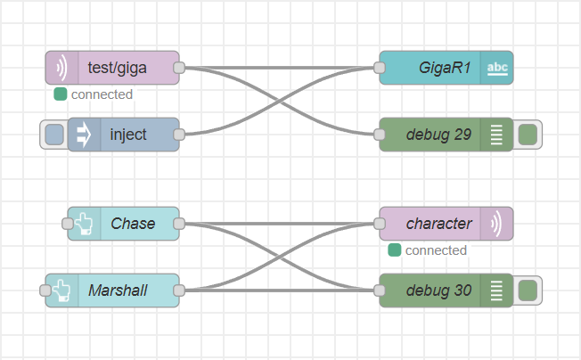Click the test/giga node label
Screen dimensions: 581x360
click(x=117, y=68)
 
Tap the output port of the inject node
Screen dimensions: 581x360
click(x=179, y=135)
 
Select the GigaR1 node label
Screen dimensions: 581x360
click(x=445, y=68)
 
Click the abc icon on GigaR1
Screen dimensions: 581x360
click(x=497, y=68)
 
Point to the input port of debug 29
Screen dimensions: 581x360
click(x=380, y=135)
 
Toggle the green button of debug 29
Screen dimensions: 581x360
click(x=528, y=135)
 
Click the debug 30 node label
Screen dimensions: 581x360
click(x=438, y=290)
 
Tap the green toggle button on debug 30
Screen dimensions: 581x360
click(x=528, y=290)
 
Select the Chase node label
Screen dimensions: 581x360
click(x=133, y=224)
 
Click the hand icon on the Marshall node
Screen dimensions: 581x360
click(x=61, y=290)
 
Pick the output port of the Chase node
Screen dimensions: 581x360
click(x=179, y=224)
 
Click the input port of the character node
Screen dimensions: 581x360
click(x=380, y=224)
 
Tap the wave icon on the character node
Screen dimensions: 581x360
click(x=496, y=224)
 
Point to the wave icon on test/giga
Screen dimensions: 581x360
click(x=61, y=68)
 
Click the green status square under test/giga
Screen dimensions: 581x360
click(x=61, y=94)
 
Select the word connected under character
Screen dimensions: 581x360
click(x=436, y=250)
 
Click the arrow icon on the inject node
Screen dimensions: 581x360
click(x=84, y=135)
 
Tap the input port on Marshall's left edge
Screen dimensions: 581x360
click(x=45, y=290)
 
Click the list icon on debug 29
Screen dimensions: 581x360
click(x=496, y=135)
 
